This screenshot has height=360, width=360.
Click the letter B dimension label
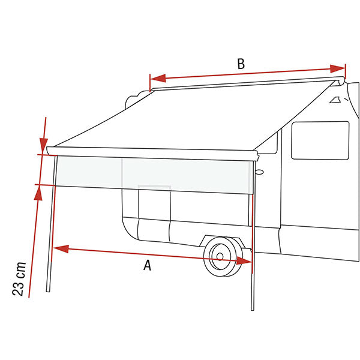241,64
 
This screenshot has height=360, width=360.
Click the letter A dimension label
148,265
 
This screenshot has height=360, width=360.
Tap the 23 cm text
19,278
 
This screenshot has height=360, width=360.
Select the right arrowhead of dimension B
337,68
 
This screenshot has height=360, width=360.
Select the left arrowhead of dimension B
158,78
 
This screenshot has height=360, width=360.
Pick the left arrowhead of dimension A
61,249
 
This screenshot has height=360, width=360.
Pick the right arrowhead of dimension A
244,261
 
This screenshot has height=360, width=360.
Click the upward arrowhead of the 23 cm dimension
38,193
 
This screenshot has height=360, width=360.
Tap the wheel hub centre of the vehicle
220,256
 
